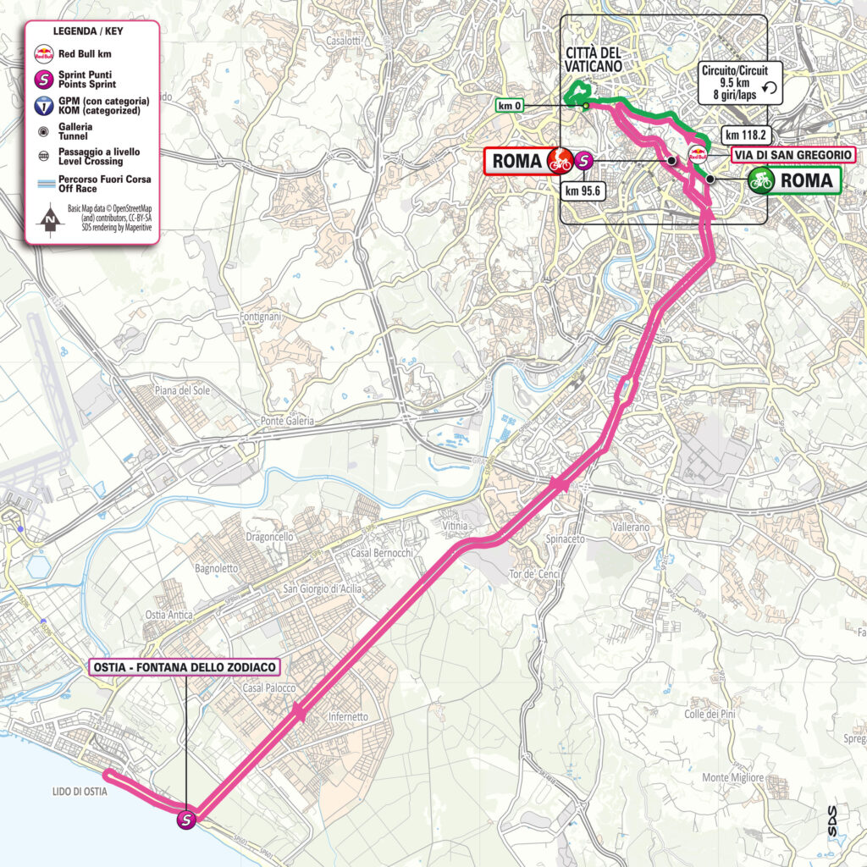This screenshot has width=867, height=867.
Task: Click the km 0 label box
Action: (x=511, y=106)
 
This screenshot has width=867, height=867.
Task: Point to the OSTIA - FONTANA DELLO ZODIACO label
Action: (x=185, y=667)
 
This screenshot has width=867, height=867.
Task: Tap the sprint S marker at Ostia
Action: (x=187, y=819)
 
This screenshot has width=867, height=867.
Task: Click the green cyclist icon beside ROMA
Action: (x=761, y=179)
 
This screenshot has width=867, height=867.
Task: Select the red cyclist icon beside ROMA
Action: (x=559, y=160)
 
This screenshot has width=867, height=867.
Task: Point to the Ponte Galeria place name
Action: (x=287, y=421)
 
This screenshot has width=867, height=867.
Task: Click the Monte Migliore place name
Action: (x=733, y=777)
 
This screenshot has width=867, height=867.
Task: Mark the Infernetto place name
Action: (x=347, y=717)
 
